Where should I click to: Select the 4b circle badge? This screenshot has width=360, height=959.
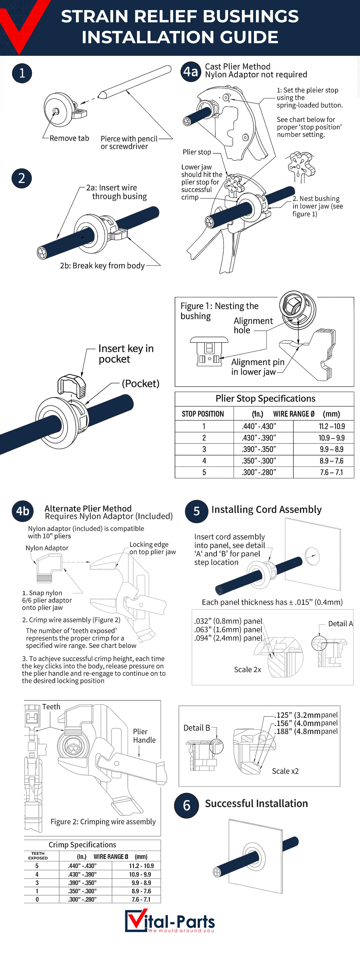(x=23, y=511)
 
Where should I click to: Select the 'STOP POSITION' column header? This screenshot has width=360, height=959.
(x=203, y=414)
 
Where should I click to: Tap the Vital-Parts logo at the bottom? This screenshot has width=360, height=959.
(x=170, y=921)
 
